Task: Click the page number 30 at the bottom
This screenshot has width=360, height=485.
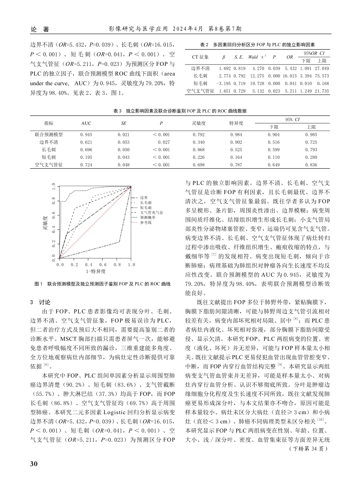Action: [33, 464]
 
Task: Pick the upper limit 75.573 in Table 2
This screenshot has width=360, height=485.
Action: [322, 76]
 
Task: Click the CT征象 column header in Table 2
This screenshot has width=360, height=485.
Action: [200, 57]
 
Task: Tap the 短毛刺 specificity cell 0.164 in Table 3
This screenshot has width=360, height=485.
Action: [236, 157]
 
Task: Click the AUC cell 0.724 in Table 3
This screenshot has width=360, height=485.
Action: [86, 165]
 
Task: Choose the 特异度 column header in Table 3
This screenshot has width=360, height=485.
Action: [236, 123]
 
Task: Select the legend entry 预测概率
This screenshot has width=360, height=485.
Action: [146, 218]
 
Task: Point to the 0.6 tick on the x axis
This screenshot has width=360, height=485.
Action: [103, 264]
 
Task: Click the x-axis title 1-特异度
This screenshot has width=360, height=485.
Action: [95, 271]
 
